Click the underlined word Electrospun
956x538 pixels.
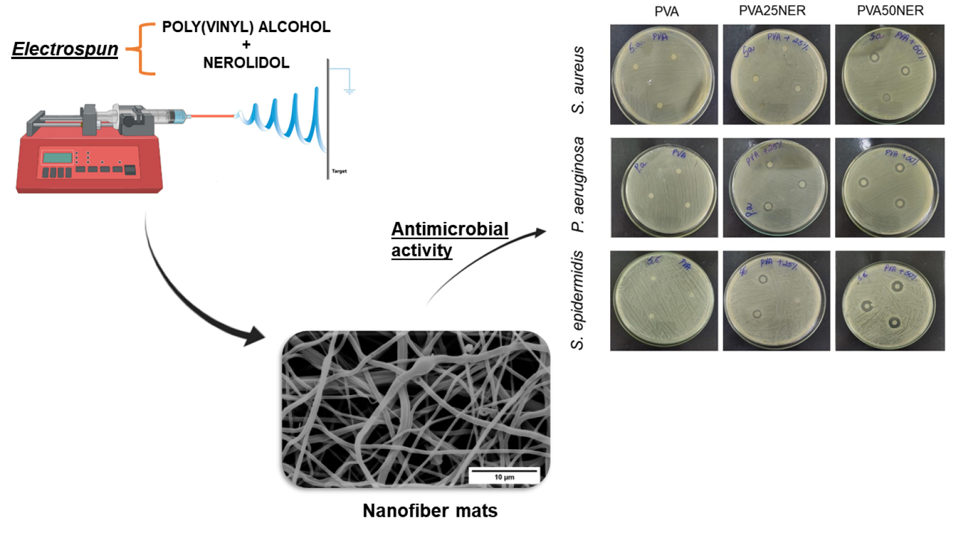(x=65, y=49)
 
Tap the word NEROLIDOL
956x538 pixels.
(x=246, y=63)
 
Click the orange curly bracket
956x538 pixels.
(x=142, y=49)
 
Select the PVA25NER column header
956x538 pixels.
(x=772, y=11)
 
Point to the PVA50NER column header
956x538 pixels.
(x=890, y=11)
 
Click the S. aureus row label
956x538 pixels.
(x=578, y=80)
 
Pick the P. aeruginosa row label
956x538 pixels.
(x=578, y=184)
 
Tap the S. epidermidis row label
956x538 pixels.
(x=577, y=300)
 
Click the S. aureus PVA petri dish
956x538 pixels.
(x=664, y=75)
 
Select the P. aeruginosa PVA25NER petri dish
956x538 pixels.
(x=776, y=188)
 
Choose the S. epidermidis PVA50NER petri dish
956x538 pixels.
(x=889, y=301)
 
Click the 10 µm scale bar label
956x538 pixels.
(x=504, y=477)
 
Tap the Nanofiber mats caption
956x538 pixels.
(x=430, y=510)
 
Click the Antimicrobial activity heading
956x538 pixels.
(x=449, y=239)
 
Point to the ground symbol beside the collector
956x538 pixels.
(x=349, y=89)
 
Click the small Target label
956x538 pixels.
(x=339, y=171)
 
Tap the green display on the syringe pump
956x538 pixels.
(x=57, y=157)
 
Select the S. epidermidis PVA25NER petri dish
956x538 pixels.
(x=776, y=301)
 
